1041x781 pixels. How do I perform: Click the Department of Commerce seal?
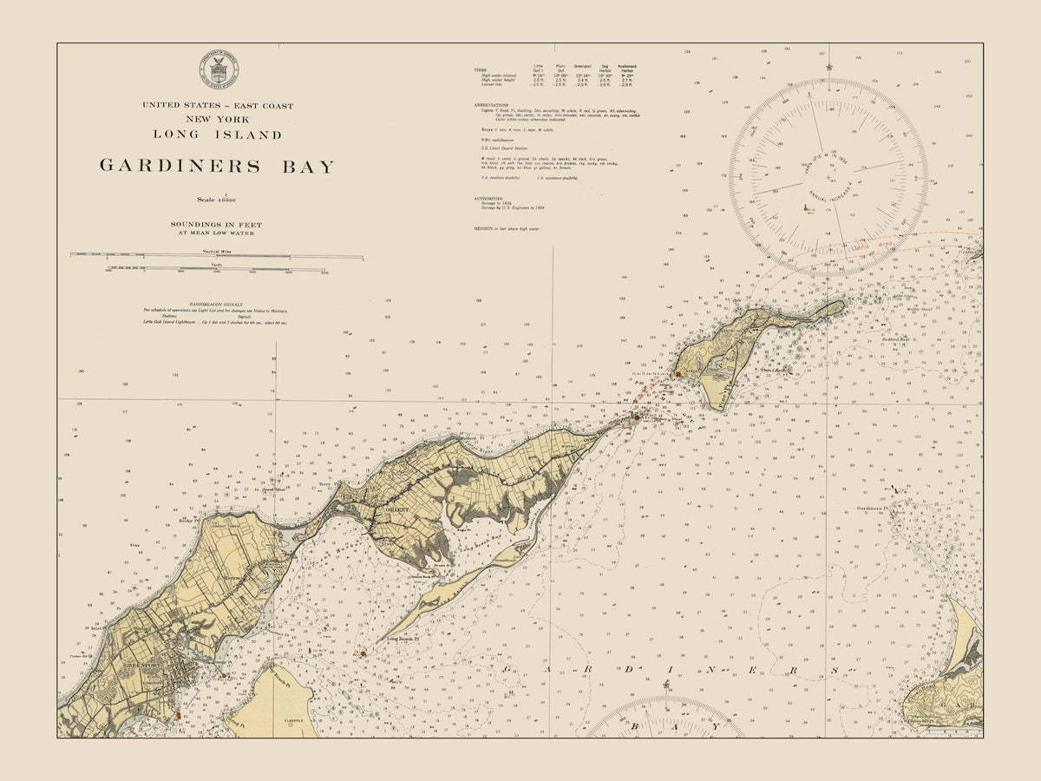(219, 70)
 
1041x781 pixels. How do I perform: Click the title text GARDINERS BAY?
(217, 166)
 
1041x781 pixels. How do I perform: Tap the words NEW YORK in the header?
(217, 119)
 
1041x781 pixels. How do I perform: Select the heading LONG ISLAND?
(217, 135)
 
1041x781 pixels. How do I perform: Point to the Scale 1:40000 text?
(217, 200)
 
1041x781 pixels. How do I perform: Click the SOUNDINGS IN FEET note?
(217, 225)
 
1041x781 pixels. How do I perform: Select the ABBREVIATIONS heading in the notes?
(491, 103)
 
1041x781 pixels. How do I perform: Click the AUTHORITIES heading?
(488, 198)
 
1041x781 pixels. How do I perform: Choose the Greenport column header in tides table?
(582, 65)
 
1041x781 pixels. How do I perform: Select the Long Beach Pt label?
(403, 640)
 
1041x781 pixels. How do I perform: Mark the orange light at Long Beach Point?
(363, 653)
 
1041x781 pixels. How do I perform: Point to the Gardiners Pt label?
(874, 509)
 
